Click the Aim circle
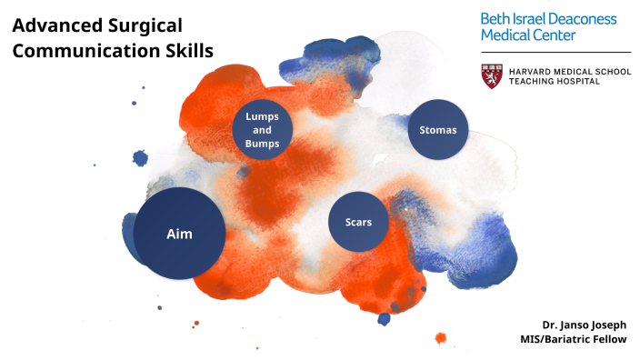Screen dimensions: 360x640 point(179,234)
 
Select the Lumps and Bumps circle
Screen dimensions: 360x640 point(262,130)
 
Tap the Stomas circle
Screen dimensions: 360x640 point(437,129)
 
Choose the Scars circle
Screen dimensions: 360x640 point(358,222)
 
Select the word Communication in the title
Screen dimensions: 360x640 point(78,51)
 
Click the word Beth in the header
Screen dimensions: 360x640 point(497,18)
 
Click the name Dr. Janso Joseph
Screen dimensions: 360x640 point(584,325)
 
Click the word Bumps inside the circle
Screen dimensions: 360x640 point(262,144)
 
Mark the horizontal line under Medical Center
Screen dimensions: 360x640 point(555,52)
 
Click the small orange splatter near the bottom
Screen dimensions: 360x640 point(440,338)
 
